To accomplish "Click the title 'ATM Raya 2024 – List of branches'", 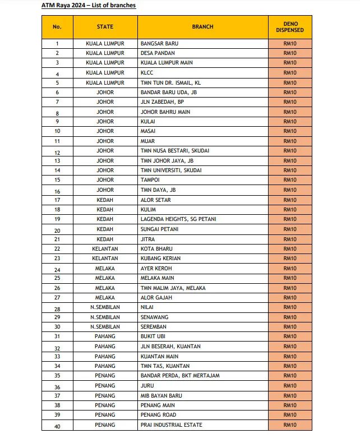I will pos(89,6).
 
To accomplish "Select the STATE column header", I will pos(105,27).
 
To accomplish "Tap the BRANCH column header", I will pos(202,27).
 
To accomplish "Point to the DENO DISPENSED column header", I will pos(290,27).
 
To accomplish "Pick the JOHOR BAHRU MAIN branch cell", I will pos(165,112).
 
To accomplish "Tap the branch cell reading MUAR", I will pos(148,141).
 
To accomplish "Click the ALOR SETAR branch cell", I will pos(156,200).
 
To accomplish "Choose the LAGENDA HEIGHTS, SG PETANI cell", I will pos(178,219).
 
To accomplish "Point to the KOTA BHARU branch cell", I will pos(156,249).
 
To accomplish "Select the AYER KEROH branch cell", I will pos(156,269).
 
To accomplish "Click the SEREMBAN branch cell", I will pos(155,327).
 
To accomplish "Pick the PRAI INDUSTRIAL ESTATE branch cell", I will pos(172,425).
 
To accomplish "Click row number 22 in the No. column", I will pos(57,249).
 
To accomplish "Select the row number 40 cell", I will pos(57,425).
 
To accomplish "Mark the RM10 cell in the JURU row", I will pos(290,386).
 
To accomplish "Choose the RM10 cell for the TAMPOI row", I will pos(290,181).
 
